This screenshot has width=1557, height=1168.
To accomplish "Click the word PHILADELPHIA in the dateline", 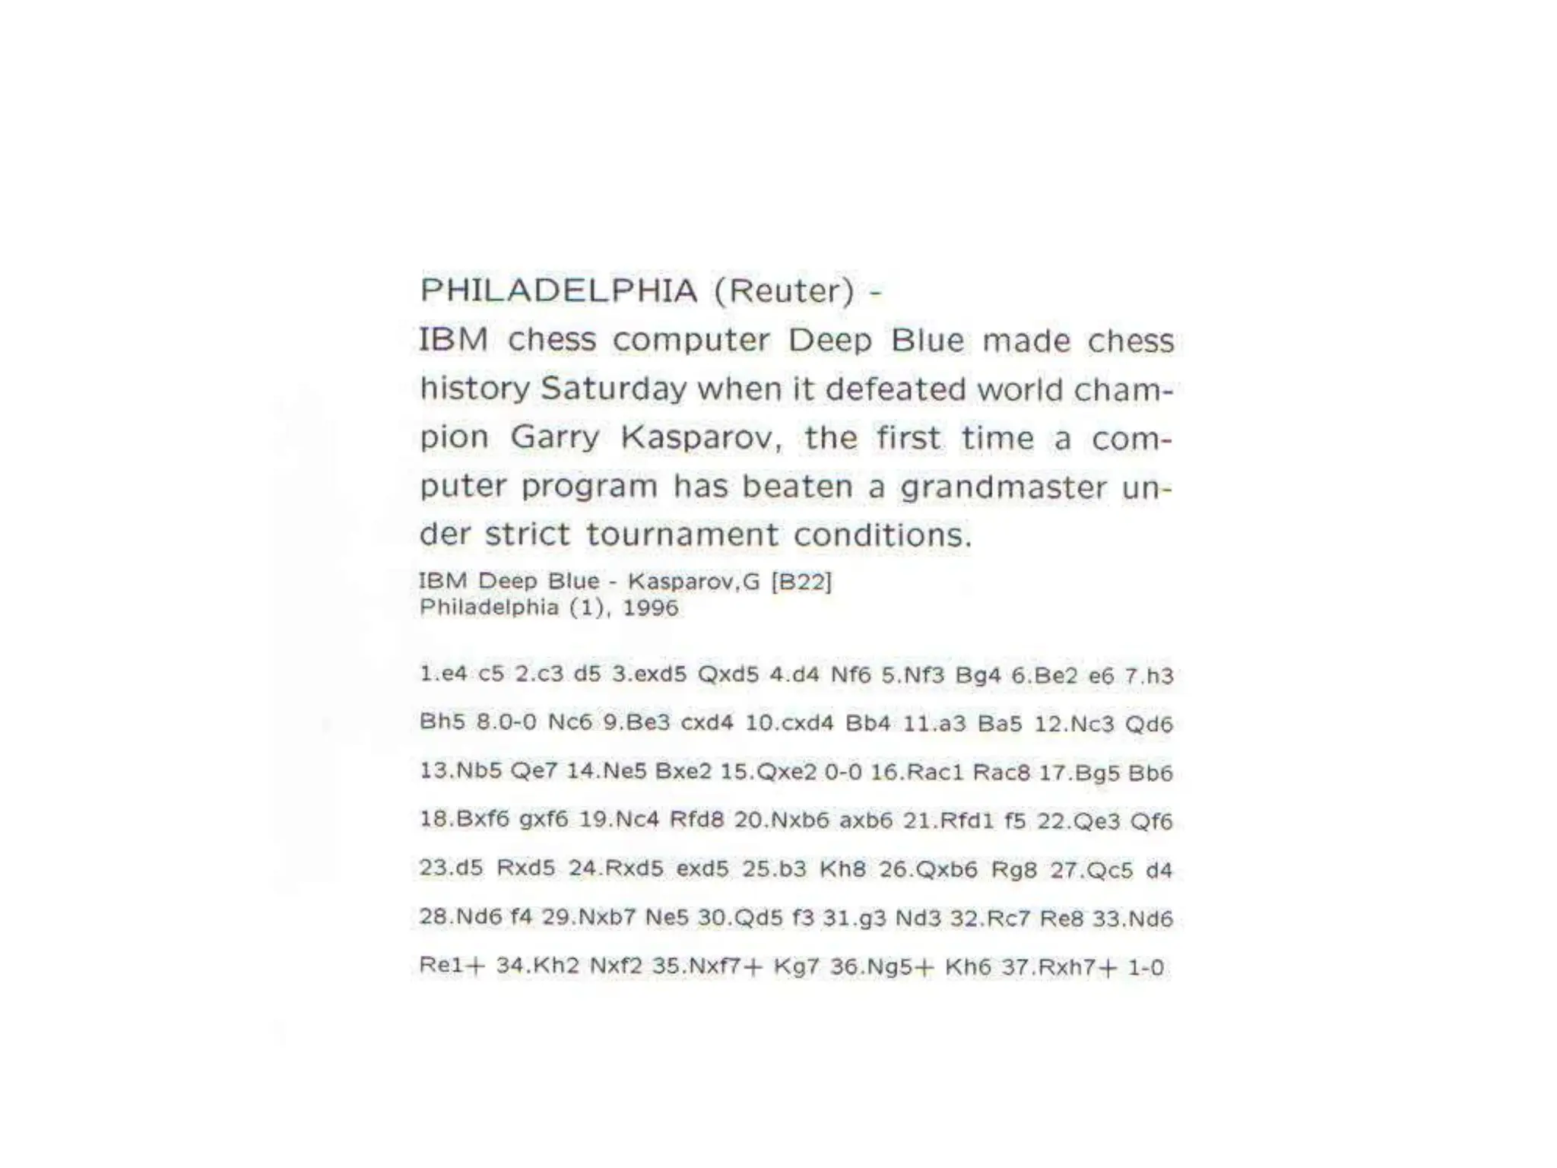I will [x=559, y=290].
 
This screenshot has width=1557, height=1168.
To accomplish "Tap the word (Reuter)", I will [x=784, y=290].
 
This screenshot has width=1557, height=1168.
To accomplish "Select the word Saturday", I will [x=613, y=389].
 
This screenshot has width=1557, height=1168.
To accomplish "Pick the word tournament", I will [x=682, y=535].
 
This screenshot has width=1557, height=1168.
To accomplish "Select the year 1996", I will [x=650, y=608].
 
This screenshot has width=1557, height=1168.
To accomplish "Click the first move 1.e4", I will [x=443, y=674].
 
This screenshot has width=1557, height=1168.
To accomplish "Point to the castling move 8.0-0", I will [x=506, y=722].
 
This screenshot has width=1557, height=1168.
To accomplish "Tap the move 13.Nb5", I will [x=461, y=771].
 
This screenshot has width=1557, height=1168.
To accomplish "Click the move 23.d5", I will [x=451, y=868].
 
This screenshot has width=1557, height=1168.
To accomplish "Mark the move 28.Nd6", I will [x=461, y=918].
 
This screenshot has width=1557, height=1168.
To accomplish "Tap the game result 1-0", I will [x=1146, y=967].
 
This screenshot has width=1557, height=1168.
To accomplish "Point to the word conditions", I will [x=883, y=535].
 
